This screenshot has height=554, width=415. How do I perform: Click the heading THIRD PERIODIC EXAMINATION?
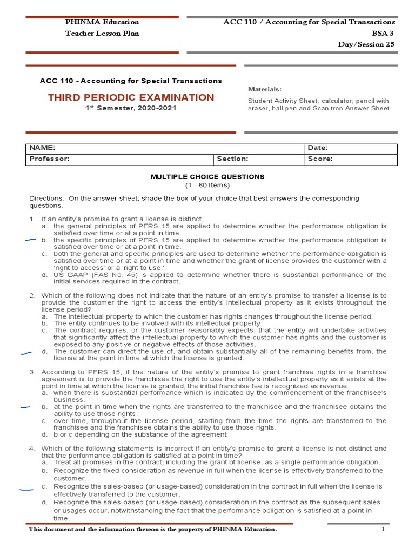131,97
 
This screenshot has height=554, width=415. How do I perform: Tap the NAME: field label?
42,148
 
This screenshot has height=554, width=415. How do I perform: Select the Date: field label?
318,148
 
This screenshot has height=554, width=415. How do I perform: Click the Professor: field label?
49,159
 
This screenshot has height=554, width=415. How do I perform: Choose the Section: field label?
232,159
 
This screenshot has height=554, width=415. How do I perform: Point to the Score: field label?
320,159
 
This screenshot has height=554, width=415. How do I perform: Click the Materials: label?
264,89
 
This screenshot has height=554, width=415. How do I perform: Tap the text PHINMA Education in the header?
102,22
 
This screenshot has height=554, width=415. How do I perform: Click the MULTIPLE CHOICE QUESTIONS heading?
207,176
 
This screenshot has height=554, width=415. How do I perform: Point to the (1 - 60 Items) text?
207,184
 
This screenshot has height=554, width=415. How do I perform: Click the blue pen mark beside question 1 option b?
30,239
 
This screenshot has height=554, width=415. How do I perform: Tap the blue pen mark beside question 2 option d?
25,353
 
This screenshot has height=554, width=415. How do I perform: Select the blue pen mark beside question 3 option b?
25,407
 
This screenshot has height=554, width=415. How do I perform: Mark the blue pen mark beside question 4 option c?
26,490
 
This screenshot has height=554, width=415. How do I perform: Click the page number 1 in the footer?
383,529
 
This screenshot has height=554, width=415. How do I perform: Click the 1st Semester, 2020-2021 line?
131,108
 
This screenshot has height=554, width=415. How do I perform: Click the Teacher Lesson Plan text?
102,33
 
